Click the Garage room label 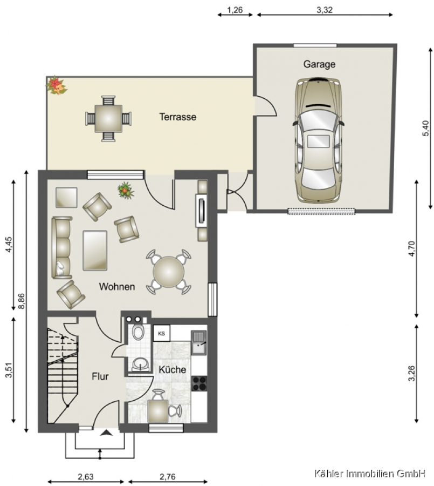(319, 64)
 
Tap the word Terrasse (178, 117)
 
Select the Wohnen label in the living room (116, 287)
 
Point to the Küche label (173, 369)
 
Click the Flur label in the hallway (100, 376)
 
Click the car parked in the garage (318, 140)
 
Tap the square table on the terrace (108, 118)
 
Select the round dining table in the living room (168, 272)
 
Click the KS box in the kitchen (162, 333)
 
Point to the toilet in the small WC (138, 332)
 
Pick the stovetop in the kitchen (199, 383)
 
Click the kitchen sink (199, 342)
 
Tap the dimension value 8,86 (22, 301)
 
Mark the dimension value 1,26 (235, 10)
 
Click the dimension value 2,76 (168, 476)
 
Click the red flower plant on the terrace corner (57, 85)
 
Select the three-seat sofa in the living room (62, 248)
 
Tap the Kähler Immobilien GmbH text (370, 473)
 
